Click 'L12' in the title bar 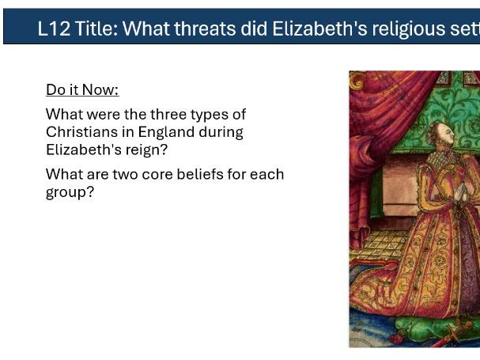[51, 29]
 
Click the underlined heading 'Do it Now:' [82, 89]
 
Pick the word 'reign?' [146, 149]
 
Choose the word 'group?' [70, 191]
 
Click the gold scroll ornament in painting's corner [358, 80]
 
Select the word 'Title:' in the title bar [94, 29]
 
